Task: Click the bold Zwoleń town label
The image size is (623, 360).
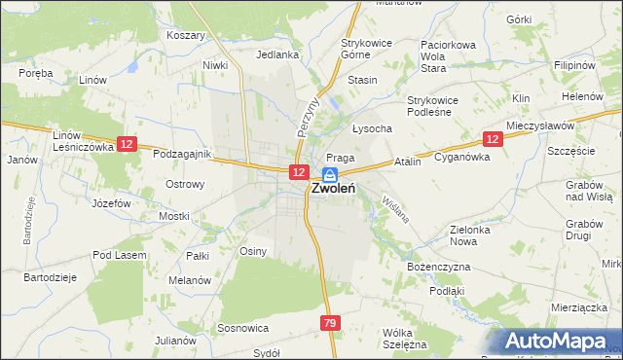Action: (x=332, y=191)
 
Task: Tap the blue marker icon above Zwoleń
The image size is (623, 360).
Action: (x=330, y=174)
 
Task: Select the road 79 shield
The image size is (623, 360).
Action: (x=330, y=322)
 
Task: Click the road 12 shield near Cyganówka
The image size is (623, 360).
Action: (x=493, y=139)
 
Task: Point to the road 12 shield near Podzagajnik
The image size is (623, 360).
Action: (x=127, y=144)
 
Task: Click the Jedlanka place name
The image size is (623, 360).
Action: (x=277, y=55)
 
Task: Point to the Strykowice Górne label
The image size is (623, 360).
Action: (x=365, y=50)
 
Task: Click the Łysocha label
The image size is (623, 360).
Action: (x=372, y=129)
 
